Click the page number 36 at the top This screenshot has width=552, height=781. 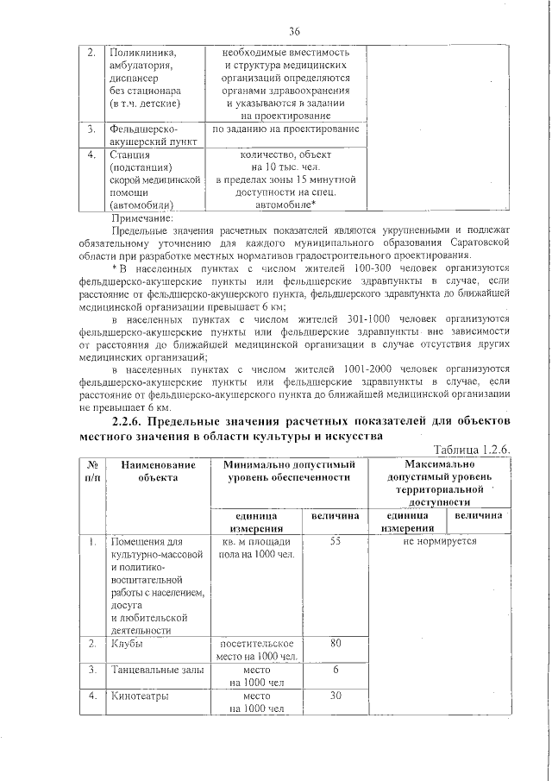click(293, 32)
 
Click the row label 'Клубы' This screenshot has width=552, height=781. click(127, 644)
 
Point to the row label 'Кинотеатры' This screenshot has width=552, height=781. click(139, 696)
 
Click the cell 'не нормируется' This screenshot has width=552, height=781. click(439, 540)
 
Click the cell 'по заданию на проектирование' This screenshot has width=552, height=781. click(285, 129)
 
